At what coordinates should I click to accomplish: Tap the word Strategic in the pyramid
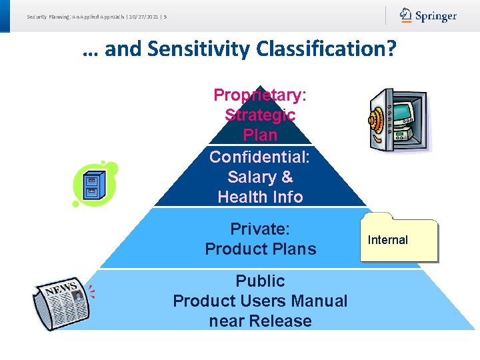click(x=260, y=115)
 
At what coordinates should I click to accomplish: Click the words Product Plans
click(x=261, y=249)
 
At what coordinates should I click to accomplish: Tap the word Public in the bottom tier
click(x=260, y=281)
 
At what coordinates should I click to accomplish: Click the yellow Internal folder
click(x=399, y=238)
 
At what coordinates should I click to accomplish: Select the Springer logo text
click(x=436, y=16)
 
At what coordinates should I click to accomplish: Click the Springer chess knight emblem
click(x=405, y=14)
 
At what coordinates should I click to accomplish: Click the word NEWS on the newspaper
click(x=61, y=289)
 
